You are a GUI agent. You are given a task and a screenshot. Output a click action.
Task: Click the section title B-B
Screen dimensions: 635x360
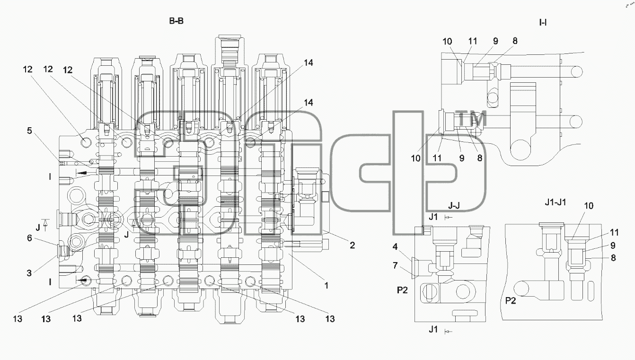pos(176,21)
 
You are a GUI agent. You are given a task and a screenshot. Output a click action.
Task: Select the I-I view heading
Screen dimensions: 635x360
pos(543,23)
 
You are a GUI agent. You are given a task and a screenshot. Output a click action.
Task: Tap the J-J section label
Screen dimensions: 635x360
pos(454,205)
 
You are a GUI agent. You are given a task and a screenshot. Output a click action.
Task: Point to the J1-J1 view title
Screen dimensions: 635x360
pos(556,202)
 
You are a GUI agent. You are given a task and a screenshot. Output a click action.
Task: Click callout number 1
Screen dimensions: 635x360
pos(326,285)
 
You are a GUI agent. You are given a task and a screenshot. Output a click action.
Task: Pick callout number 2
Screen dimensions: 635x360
pos(352,245)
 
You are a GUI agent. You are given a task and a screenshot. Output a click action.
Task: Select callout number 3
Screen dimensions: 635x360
pos(29,273)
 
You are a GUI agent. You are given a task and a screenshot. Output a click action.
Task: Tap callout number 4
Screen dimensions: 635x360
pos(395,247)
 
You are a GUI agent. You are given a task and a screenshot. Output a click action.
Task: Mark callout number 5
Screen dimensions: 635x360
pos(29,131)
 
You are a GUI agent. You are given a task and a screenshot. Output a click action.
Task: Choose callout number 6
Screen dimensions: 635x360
pos(29,238)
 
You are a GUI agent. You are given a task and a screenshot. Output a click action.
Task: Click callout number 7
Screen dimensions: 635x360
pos(395,265)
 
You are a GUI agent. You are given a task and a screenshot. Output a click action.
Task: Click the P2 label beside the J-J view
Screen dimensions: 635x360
pos(402,290)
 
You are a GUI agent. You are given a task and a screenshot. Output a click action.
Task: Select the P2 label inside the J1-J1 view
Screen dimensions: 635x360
pos(511,301)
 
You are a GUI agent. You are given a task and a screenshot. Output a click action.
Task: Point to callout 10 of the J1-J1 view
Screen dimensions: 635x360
pos(589,206)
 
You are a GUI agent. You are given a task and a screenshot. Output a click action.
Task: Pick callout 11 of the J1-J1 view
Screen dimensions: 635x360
pos(614,233)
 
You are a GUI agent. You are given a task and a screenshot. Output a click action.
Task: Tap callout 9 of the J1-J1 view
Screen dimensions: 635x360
pos(613,246)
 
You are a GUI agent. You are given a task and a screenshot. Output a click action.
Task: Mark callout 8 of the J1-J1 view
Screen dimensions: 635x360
pos(613,258)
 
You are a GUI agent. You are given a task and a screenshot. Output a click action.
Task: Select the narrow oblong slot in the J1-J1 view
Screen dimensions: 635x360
pos(591,290)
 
